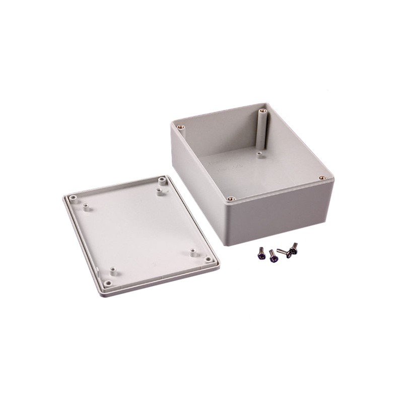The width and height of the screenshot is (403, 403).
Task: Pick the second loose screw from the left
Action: click(x=273, y=257)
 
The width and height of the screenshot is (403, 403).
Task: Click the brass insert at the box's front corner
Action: click(x=230, y=198)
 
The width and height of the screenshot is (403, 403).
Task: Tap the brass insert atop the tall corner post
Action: click(x=262, y=111)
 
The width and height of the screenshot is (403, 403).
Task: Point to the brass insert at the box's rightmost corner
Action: click(x=322, y=178)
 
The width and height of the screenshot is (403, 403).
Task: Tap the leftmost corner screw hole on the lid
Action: click(x=73, y=198)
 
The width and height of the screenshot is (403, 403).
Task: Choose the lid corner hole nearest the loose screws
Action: click(x=208, y=259)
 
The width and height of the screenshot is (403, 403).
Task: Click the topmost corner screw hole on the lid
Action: click(x=162, y=179)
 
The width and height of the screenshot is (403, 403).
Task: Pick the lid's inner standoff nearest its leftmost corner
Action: click(x=85, y=206)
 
